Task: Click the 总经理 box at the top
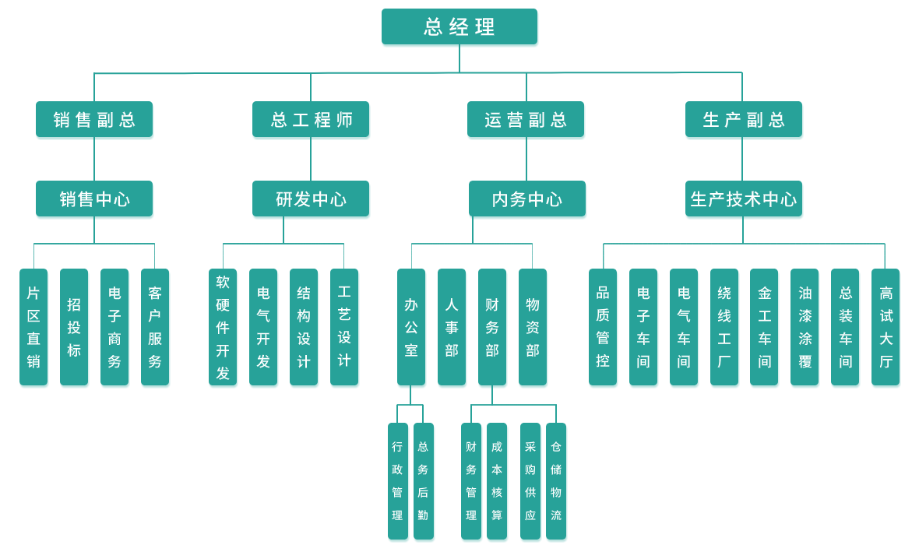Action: pyautogui.click(x=459, y=28)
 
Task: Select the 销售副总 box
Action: pyautogui.click(x=95, y=121)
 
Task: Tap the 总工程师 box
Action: pyautogui.click(x=312, y=121)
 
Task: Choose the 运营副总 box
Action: pyautogui.click(x=526, y=121)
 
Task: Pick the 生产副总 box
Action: pyautogui.click(x=744, y=121)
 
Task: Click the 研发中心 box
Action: pyautogui.click(x=312, y=200)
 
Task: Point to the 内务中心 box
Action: pyautogui.click(x=527, y=200)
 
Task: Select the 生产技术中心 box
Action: pyautogui.click(x=744, y=200)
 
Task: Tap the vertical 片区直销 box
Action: pyautogui.click(x=33, y=328)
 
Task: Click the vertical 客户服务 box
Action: pyautogui.click(x=155, y=328)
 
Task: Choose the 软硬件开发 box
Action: pyautogui.click(x=223, y=328)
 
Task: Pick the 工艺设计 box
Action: pyautogui.click(x=344, y=328)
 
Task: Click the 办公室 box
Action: pyautogui.click(x=411, y=328)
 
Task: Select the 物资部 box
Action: pyautogui.click(x=533, y=328)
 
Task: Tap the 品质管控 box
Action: pyautogui.click(x=603, y=328)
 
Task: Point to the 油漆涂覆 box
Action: pyautogui.click(x=805, y=328)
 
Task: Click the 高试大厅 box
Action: pyautogui.click(x=886, y=328)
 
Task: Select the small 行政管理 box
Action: pyautogui.click(x=398, y=482)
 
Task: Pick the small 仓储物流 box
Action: pyautogui.click(x=556, y=482)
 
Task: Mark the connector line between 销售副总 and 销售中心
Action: pyautogui.click(x=94, y=160)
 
